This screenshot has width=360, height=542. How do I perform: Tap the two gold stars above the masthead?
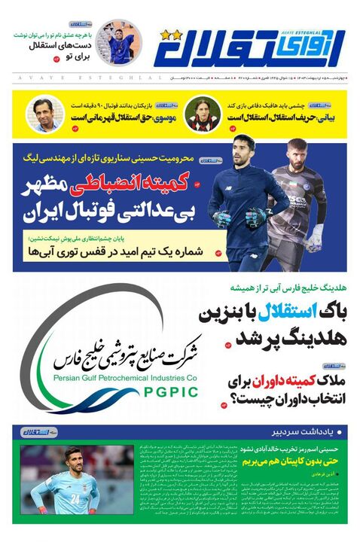(x=171, y=35)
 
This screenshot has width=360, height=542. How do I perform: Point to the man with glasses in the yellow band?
(x=42, y=114)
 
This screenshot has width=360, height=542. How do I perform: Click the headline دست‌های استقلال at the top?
(x=65, y=46)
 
